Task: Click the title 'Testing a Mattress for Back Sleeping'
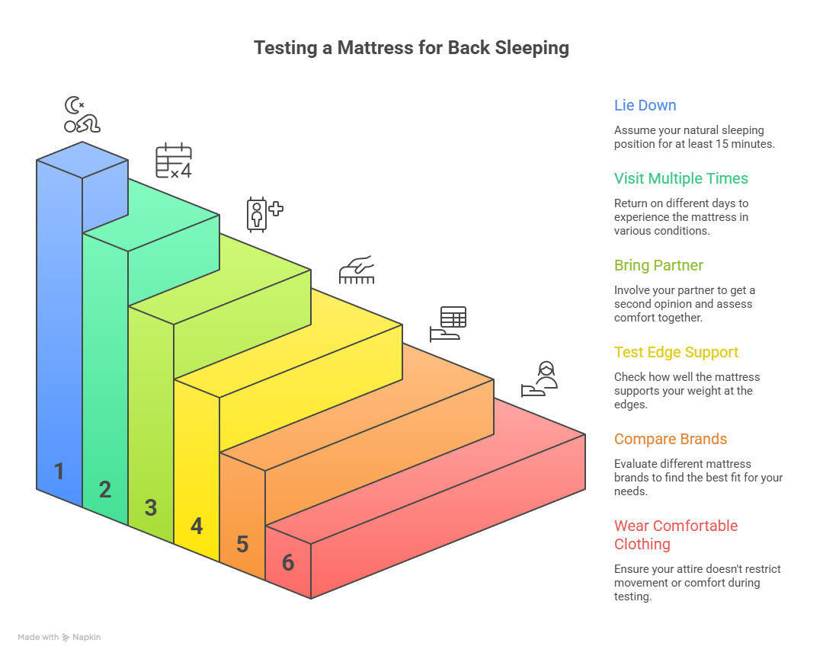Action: [411, 48]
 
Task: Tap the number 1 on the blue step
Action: [59, 471]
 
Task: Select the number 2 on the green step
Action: [105, 490]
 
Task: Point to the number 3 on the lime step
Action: [151, 507]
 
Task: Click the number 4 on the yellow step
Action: [197, 526]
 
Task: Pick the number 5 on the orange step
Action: [242, 544]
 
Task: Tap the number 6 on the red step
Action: [288, 562]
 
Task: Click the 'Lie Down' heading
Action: [645, 105]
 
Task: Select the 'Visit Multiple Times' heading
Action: [680, 178]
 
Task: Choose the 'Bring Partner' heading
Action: [658, 265]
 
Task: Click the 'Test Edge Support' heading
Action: [676, 352]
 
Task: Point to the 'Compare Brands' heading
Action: [671, 439]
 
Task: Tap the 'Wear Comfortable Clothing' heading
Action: [676, 535]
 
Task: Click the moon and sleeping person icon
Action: [82, 114]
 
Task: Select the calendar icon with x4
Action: [174, 161]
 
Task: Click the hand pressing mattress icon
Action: [357, 270]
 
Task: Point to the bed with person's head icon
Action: [539, 379]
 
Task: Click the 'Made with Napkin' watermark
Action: [59, 637]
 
